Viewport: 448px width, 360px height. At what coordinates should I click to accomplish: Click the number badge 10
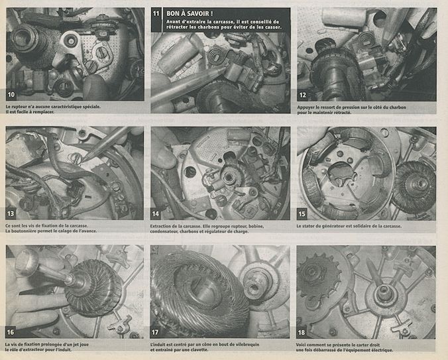point(11,95)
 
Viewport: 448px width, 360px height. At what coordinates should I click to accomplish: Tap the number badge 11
point(156,14)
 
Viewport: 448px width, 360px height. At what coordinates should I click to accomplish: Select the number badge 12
point(303,95)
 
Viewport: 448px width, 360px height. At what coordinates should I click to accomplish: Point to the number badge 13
point(11,213)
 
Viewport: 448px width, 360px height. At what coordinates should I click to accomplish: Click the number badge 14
point(156,213)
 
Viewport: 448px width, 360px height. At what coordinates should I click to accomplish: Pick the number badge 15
point(302,213)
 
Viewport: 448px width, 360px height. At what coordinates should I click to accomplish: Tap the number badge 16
point(11,332)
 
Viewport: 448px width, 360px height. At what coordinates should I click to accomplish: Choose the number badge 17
point(155,332)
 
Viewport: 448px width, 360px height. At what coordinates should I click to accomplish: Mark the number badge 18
point(302,332)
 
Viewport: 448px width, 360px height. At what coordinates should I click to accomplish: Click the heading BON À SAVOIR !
point(190,13)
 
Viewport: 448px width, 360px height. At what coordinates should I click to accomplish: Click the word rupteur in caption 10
point(19,107)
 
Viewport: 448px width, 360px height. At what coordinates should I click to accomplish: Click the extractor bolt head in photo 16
point(27,261)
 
